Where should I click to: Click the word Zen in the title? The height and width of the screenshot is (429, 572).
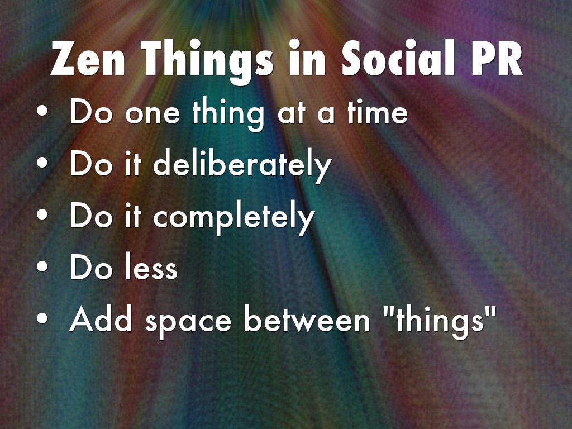click(x=88, y=58)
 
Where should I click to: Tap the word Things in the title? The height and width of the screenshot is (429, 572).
click(x=207, y=61)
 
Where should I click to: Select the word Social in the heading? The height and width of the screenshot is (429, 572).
click(x=398, y=58)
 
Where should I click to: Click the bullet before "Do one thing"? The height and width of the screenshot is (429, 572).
click(x=42, y=111)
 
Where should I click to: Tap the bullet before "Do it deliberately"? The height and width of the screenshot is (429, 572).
click(x=42, y=163)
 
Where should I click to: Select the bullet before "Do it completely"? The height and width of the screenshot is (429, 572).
click(x=42, y=214)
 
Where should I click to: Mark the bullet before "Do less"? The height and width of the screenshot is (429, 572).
click(x=42, y=266)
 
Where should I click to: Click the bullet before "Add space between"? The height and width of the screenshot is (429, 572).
click(x=42, y=318)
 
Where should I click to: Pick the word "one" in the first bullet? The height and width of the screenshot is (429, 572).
click(x=152, y=114)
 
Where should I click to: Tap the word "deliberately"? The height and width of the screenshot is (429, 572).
click(x=242, y=165)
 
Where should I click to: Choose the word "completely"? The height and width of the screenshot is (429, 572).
click(x=234, y=218)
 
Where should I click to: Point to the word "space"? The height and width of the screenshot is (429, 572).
click(x=188, y=323)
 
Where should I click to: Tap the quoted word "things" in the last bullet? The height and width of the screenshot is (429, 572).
click(x=440, y=322)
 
